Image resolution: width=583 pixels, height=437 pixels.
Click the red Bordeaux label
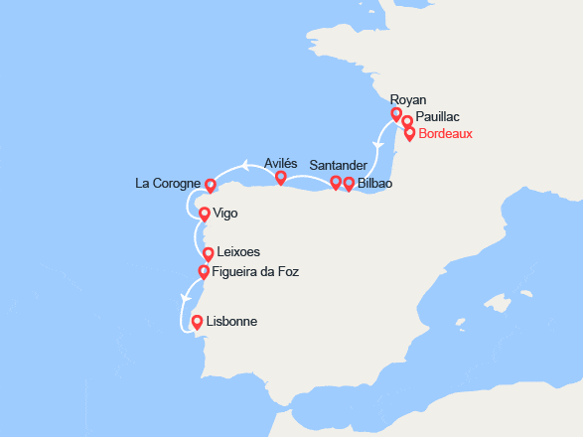446,134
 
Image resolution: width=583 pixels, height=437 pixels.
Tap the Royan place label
409,99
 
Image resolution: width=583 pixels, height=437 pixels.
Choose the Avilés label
281,163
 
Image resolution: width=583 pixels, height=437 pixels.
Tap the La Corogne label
168,184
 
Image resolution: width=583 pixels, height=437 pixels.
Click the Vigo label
227,214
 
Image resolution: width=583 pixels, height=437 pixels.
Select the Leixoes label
238,253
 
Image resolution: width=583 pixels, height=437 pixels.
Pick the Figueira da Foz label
256,271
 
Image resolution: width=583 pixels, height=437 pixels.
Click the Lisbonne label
232,322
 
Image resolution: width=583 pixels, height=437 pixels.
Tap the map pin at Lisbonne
197,322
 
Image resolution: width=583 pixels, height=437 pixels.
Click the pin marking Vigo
205,214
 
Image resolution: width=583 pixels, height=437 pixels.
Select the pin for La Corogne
210,185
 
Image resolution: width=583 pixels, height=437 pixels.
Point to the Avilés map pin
281,179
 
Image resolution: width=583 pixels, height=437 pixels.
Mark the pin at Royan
396,115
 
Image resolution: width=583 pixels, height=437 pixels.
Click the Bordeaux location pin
409,133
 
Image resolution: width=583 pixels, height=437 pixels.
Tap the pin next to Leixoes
208,254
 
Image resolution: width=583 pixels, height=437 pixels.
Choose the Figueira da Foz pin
204,271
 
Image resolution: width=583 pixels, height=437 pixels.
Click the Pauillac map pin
406,122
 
